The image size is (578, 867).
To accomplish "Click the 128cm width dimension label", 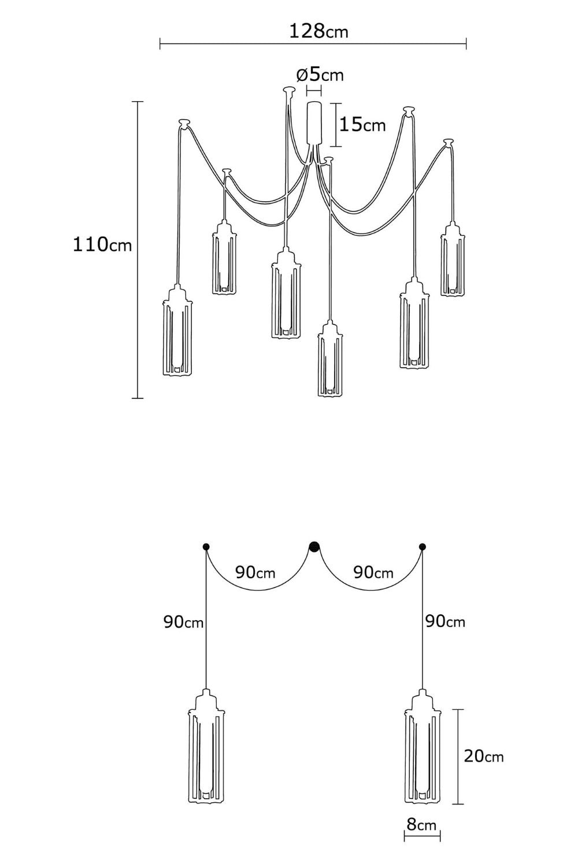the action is tap(318, 31).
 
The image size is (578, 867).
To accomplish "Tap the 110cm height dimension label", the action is tap(102, 244).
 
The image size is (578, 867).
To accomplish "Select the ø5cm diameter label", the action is tap(320, 75).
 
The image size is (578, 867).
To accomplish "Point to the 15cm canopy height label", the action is tap(362, 125).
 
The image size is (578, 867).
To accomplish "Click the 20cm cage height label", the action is tap(484, 756).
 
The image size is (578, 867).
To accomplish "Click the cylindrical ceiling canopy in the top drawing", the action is tap(314, 123).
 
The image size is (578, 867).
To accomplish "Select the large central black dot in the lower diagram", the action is tap(314, 547).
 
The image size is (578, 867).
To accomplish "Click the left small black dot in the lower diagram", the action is tap(206, 547).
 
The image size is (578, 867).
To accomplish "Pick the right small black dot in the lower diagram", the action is tap(423, 547).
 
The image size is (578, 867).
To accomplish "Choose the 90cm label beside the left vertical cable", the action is tap(183, 622).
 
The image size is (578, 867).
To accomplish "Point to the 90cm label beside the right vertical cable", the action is tap(445, 621).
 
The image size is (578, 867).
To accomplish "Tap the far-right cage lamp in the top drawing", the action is tap(452, 260).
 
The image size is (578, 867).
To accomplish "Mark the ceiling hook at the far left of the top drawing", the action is tap(184, 123).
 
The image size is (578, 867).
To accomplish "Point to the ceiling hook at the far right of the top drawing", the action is tap(449, 142).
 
